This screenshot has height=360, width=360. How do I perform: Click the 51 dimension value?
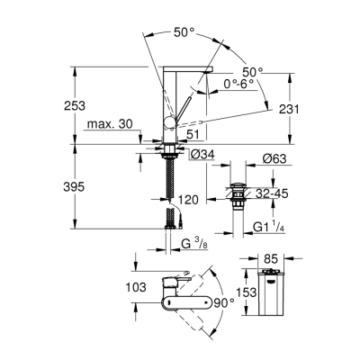coord(193,135)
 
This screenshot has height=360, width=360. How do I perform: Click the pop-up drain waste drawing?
coord(238,193)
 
